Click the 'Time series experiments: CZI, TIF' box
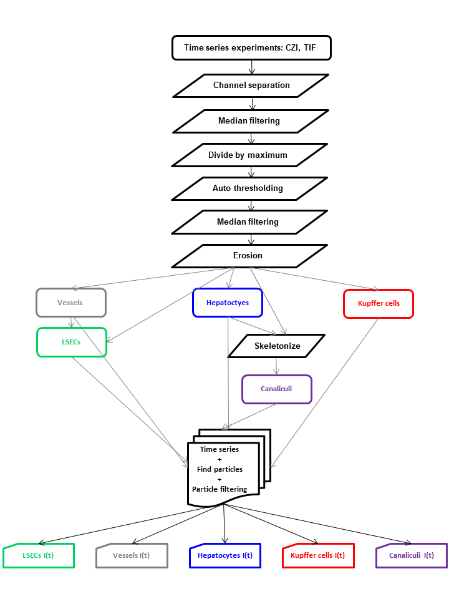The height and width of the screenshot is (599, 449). [251, 48]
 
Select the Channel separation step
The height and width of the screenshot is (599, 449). [251, 85]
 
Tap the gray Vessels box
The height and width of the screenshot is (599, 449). [71, 303]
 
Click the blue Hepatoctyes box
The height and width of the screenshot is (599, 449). [228, 303]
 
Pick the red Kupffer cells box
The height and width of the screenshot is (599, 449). [379, 303]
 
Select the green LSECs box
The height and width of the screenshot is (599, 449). [71, 342]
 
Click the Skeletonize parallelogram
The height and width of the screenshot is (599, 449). [277, 346]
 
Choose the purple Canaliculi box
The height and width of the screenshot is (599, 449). [276, 389]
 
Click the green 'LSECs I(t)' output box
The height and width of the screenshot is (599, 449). [39, 555]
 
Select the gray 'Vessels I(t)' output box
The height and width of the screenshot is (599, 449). [132, 555]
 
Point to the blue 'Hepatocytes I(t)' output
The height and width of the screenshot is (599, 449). [224, 555]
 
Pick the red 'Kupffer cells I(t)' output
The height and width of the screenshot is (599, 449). [318, 555]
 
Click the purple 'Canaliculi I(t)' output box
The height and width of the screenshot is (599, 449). [411, 555]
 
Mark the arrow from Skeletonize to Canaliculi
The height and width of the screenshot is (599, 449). [278, 366]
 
